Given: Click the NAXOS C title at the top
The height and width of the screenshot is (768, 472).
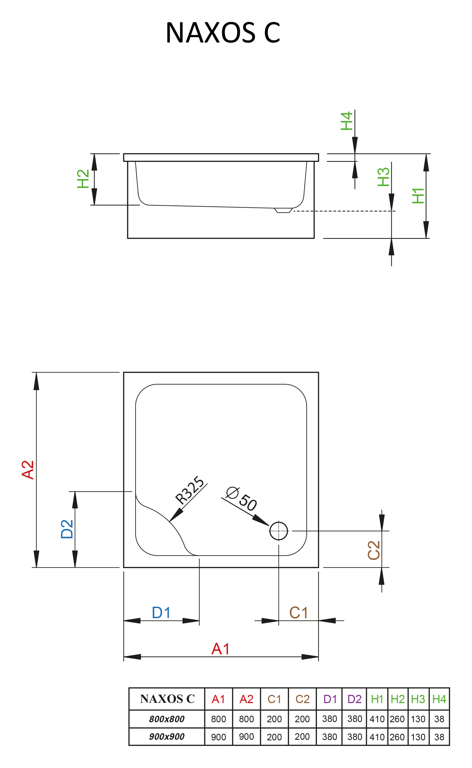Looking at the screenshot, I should point(223,33).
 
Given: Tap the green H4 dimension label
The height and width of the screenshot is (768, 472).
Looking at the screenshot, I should point(347,121).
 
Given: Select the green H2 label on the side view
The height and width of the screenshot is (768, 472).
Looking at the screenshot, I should point(83,179).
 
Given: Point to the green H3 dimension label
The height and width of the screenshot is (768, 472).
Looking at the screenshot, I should point(384,177).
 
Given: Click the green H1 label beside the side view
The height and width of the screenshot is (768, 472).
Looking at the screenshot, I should point(418,196).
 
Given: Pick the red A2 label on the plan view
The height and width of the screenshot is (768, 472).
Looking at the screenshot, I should point(28,470).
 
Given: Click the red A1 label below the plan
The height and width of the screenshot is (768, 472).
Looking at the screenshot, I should point(220,649).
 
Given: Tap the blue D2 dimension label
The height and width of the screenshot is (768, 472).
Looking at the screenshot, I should point(67,529).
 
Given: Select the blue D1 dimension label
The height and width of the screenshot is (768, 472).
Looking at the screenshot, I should point(161,613).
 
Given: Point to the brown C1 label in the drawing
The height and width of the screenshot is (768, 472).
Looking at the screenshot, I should point(298,613).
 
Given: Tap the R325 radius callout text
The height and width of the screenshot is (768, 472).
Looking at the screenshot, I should point(190,490).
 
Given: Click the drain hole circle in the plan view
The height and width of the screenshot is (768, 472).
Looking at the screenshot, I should point(278,531).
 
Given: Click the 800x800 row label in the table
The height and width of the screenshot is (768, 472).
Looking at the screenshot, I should point(167,719).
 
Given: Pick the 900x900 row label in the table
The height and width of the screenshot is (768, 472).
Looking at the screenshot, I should point(167,737).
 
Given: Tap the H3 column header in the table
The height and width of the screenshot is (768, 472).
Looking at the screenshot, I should point(418,699).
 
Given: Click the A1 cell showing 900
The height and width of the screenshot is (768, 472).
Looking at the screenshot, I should point(218,737).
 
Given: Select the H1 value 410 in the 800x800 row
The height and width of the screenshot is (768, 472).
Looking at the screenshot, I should point(377,719).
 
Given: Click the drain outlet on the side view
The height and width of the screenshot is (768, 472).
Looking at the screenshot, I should point(283,210).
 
